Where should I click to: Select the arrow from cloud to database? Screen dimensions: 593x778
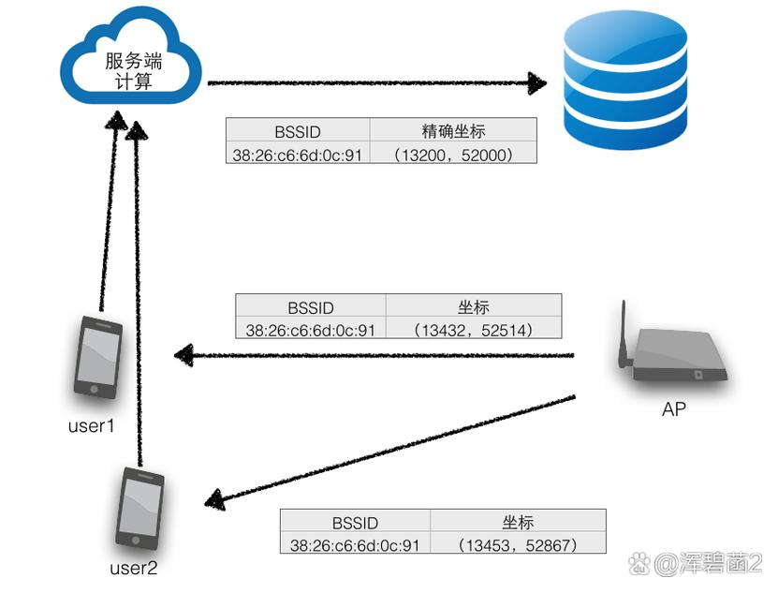(374, 83)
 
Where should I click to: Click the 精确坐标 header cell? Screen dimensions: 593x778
(453, 129)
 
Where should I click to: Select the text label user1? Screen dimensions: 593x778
(92, 426)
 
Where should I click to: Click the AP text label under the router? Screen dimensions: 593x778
(674, 409)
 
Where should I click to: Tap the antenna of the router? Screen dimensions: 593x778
(624, 333)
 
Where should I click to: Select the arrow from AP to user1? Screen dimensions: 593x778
(374, 356)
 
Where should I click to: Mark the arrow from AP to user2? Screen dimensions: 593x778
(389, 451)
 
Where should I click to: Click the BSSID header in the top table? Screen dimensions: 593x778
(298, 129)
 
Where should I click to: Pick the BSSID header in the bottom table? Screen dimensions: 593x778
(355, 523)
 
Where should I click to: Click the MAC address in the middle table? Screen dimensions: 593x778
(310, 329)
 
